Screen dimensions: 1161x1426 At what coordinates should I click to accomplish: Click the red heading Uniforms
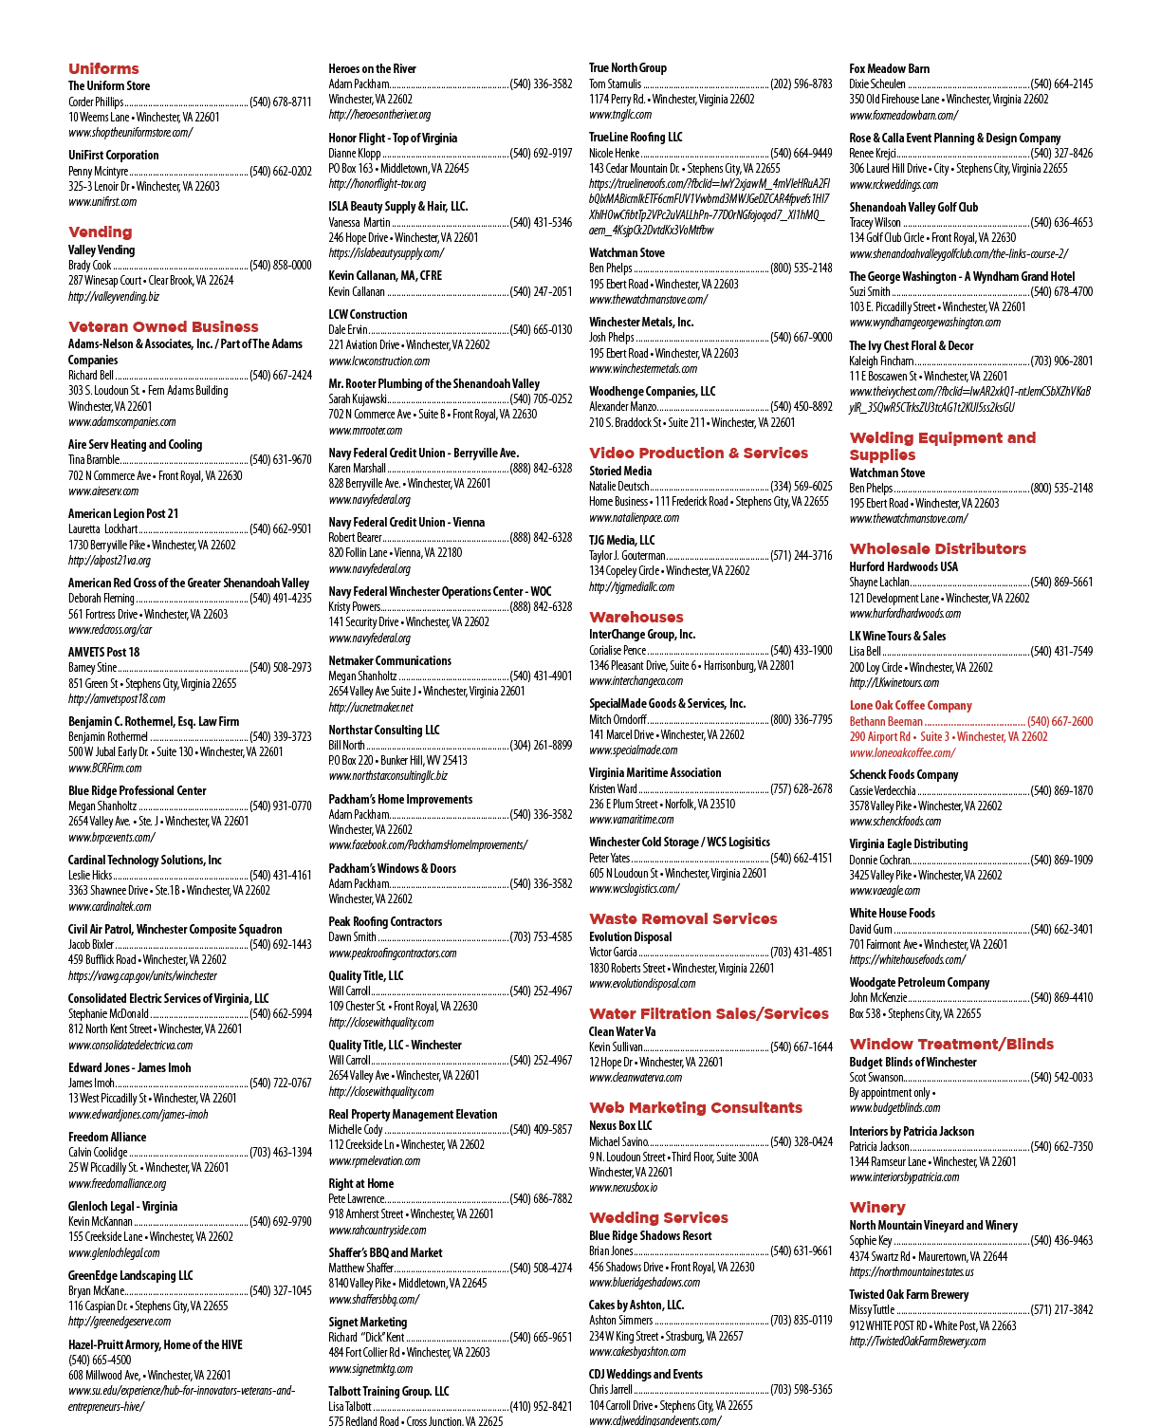click(x=103, y=68)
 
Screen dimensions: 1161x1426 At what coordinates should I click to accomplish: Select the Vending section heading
click(x=101, y=231)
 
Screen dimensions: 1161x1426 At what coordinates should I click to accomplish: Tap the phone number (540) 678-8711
click(x=281, y=102)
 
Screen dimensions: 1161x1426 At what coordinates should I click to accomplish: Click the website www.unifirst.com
click(x=102, y=201)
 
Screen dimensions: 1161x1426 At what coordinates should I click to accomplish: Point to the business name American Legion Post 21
click(x=123, y=513)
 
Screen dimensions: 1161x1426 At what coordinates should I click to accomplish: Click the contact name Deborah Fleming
click(x=101, y=598)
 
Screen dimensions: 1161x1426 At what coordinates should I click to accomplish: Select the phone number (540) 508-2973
click(x=281, y=668)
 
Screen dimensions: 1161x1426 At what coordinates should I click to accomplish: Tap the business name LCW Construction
click(x=367, y=314)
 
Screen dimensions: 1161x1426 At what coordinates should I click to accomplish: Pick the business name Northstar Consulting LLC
click(x=384, y=730)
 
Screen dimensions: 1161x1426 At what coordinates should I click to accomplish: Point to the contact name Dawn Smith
click(x=352, y=936)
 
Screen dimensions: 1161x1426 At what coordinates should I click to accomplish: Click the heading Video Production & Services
click(x=699, y=453)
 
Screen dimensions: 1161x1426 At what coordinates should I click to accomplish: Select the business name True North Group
click(x=628, y=67)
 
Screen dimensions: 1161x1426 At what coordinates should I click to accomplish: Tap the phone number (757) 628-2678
click(x=801, y=788)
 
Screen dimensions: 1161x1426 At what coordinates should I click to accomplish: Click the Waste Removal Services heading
click(x=683, y=918)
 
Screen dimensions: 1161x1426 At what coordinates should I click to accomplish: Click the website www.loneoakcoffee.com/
click(x=903, y=752)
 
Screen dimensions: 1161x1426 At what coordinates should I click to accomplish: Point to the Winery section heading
click(x=877, y=1207)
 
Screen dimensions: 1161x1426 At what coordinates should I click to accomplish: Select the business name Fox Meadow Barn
click(x=890, y=68)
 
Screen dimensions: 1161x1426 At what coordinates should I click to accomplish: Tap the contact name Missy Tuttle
click(x=872, y=1309)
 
